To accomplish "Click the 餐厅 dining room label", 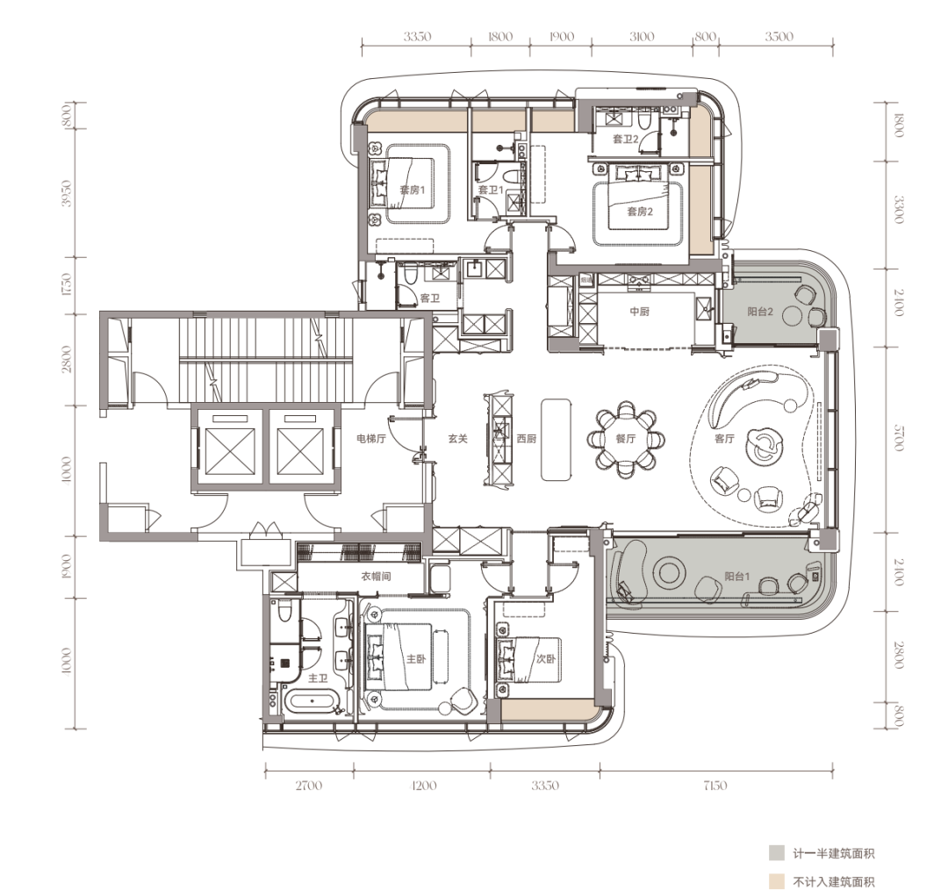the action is [x=626, y=438].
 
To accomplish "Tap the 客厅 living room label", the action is [x=724, y=438].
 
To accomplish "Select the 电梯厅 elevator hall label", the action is [x=370, y=438].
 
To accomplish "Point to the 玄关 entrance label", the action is [x=457, y=438].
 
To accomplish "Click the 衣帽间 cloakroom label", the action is [x=376, y=576].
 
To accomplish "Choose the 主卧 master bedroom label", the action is [x=415, y=659].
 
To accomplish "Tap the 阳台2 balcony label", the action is [x=760, y=312].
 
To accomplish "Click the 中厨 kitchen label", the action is [x=640, y=312].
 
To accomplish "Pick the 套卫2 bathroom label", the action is [x=625, y=139].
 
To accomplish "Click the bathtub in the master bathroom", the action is [x=310, y=702].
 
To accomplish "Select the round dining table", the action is [x=626, y=439].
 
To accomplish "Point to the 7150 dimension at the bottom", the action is [x=715, y=786].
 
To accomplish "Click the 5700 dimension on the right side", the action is [x=899, y=437].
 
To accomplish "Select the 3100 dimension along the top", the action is [x=642, y=37].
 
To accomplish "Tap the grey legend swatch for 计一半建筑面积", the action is [x=777, y=853].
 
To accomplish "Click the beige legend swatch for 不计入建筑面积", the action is [x=777, y=881].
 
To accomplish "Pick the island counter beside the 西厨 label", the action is [x=556, y=440].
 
